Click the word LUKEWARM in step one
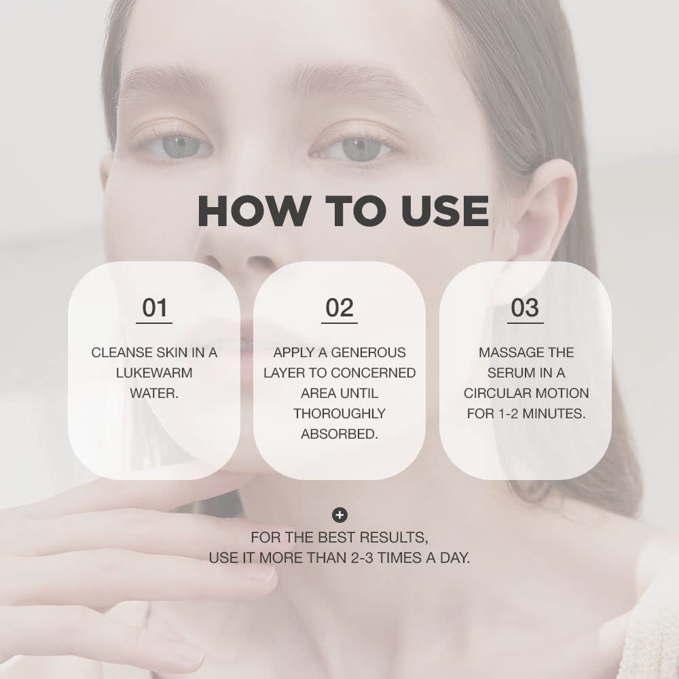tap(154, 373)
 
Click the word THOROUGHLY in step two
tap(339, 414)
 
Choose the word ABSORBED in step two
tap(339, 434)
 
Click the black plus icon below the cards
tap(339, 515)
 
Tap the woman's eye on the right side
tap(360, 147)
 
